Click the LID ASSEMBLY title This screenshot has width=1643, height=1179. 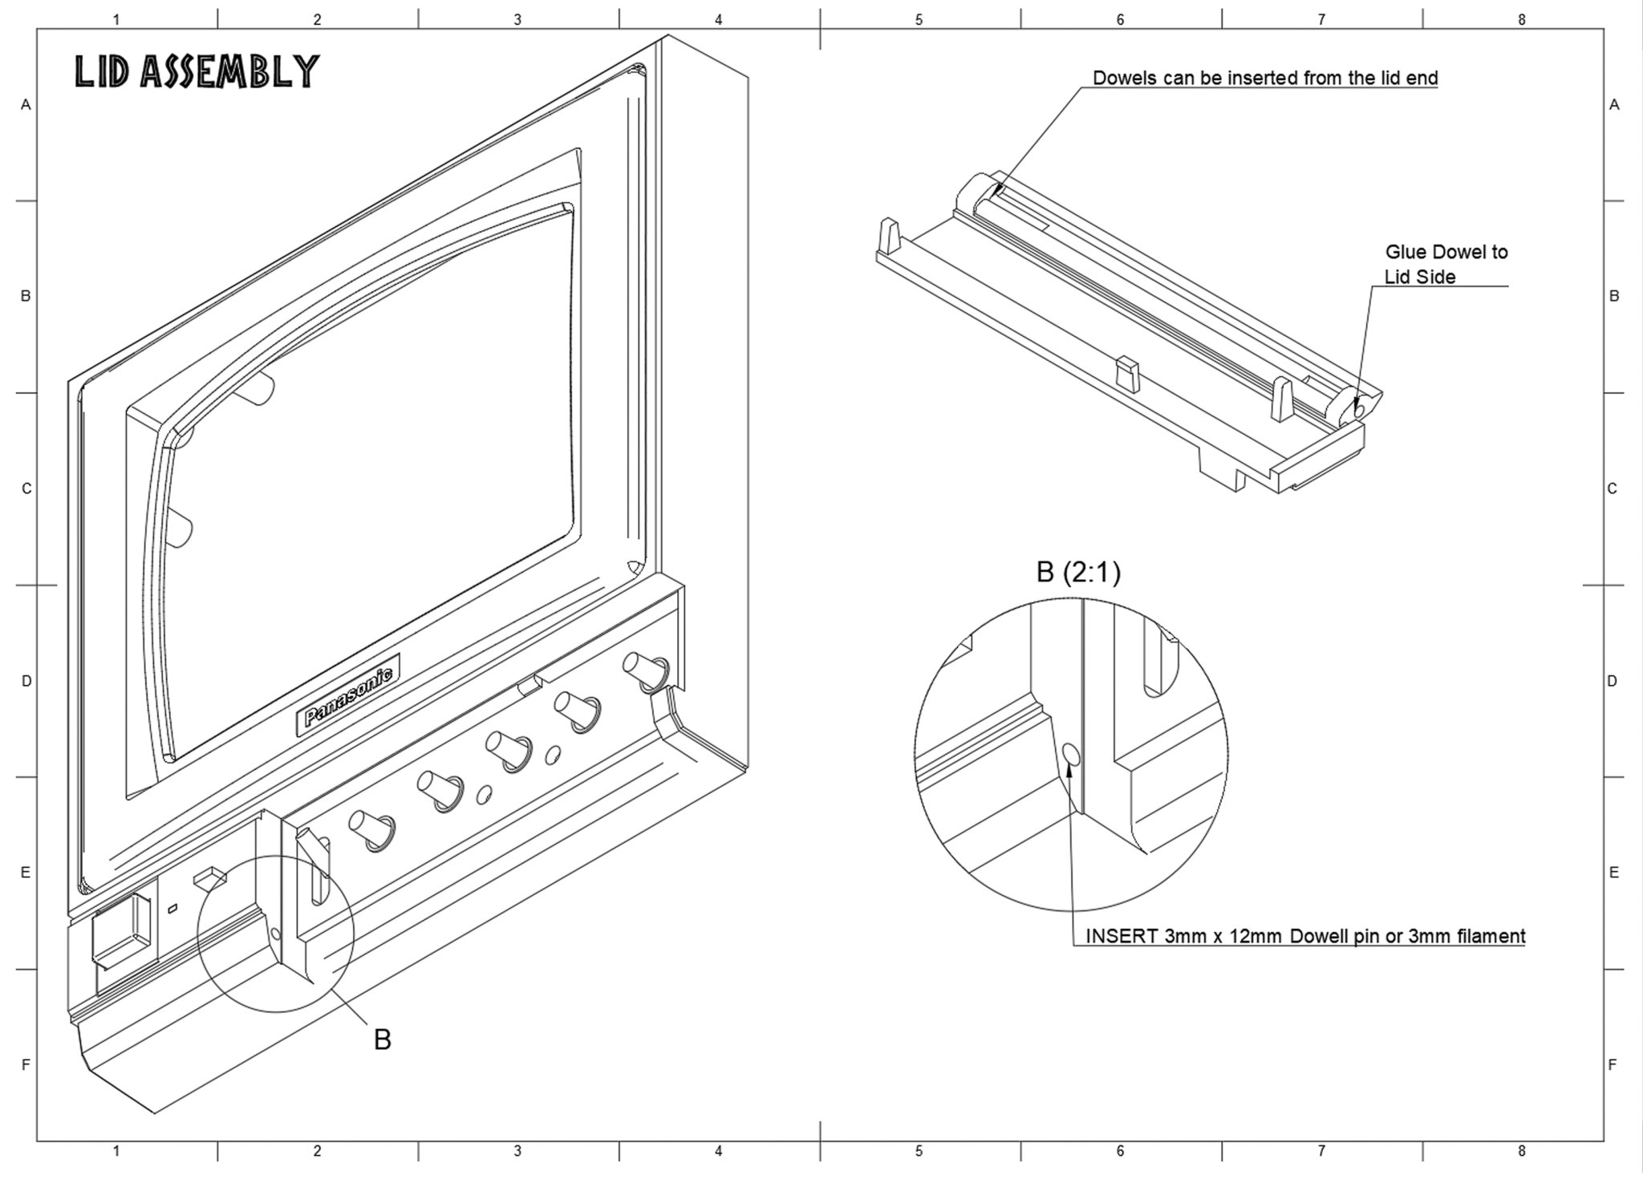coord(197,71)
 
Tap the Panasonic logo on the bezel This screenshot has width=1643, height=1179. coord(349,695)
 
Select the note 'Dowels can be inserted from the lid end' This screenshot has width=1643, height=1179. coord(1265,79)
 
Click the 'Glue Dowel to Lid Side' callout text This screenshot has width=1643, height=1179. coord(1446,264)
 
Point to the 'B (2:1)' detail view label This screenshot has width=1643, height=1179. coord(1078,573)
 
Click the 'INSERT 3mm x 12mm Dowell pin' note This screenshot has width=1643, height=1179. coord(1304,936)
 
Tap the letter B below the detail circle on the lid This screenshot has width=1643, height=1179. coord(383,1039)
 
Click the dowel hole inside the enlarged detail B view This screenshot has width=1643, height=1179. coord(1071,754)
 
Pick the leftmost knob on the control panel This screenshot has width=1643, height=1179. coord(367,829)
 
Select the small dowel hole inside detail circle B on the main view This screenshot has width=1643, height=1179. coord(276,934)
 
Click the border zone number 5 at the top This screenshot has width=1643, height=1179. coord(919,20)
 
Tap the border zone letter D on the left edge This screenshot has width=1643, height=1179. coord(26,682)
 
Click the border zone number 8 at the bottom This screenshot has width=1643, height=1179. coord(1521,1152)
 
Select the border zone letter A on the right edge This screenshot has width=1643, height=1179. coord(1614,105)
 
